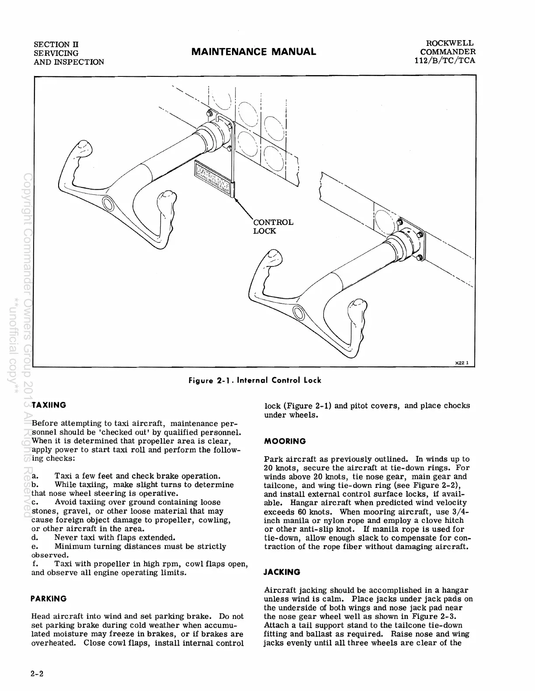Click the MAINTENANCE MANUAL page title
coord(254,52)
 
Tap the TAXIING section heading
coord(49,405)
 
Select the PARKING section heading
coord(49,598)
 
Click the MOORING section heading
coord(285,441)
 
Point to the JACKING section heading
coord(282,572)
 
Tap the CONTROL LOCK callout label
coord(273,226)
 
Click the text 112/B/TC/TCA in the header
coord(445,61)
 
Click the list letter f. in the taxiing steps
coord(35,564)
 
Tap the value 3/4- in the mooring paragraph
coord(455,512)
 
